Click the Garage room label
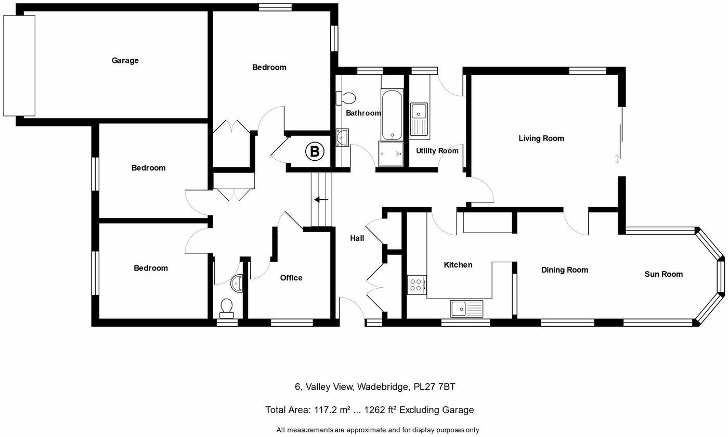tap(125, 60)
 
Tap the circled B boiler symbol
tap(314, 151)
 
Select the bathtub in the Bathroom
tap(392, 115)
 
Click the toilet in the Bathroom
tap(347, 98)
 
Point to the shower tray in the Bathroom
tap(391, 154)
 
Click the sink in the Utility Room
tap(419, 112)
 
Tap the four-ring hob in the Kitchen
tap(417, 285)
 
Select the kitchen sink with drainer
tap(466, 309)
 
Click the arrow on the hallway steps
tap(321, 200)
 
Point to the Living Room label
tap(541, 138)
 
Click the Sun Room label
tap(664, 274)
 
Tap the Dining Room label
tap(564, 270)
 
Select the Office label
tap(291, 278)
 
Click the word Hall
tap(357, 238)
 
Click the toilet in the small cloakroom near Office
tap(227, 308)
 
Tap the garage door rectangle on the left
tap(19, 66)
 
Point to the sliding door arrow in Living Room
tap(617, 159)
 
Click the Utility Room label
tap(437, 151)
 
